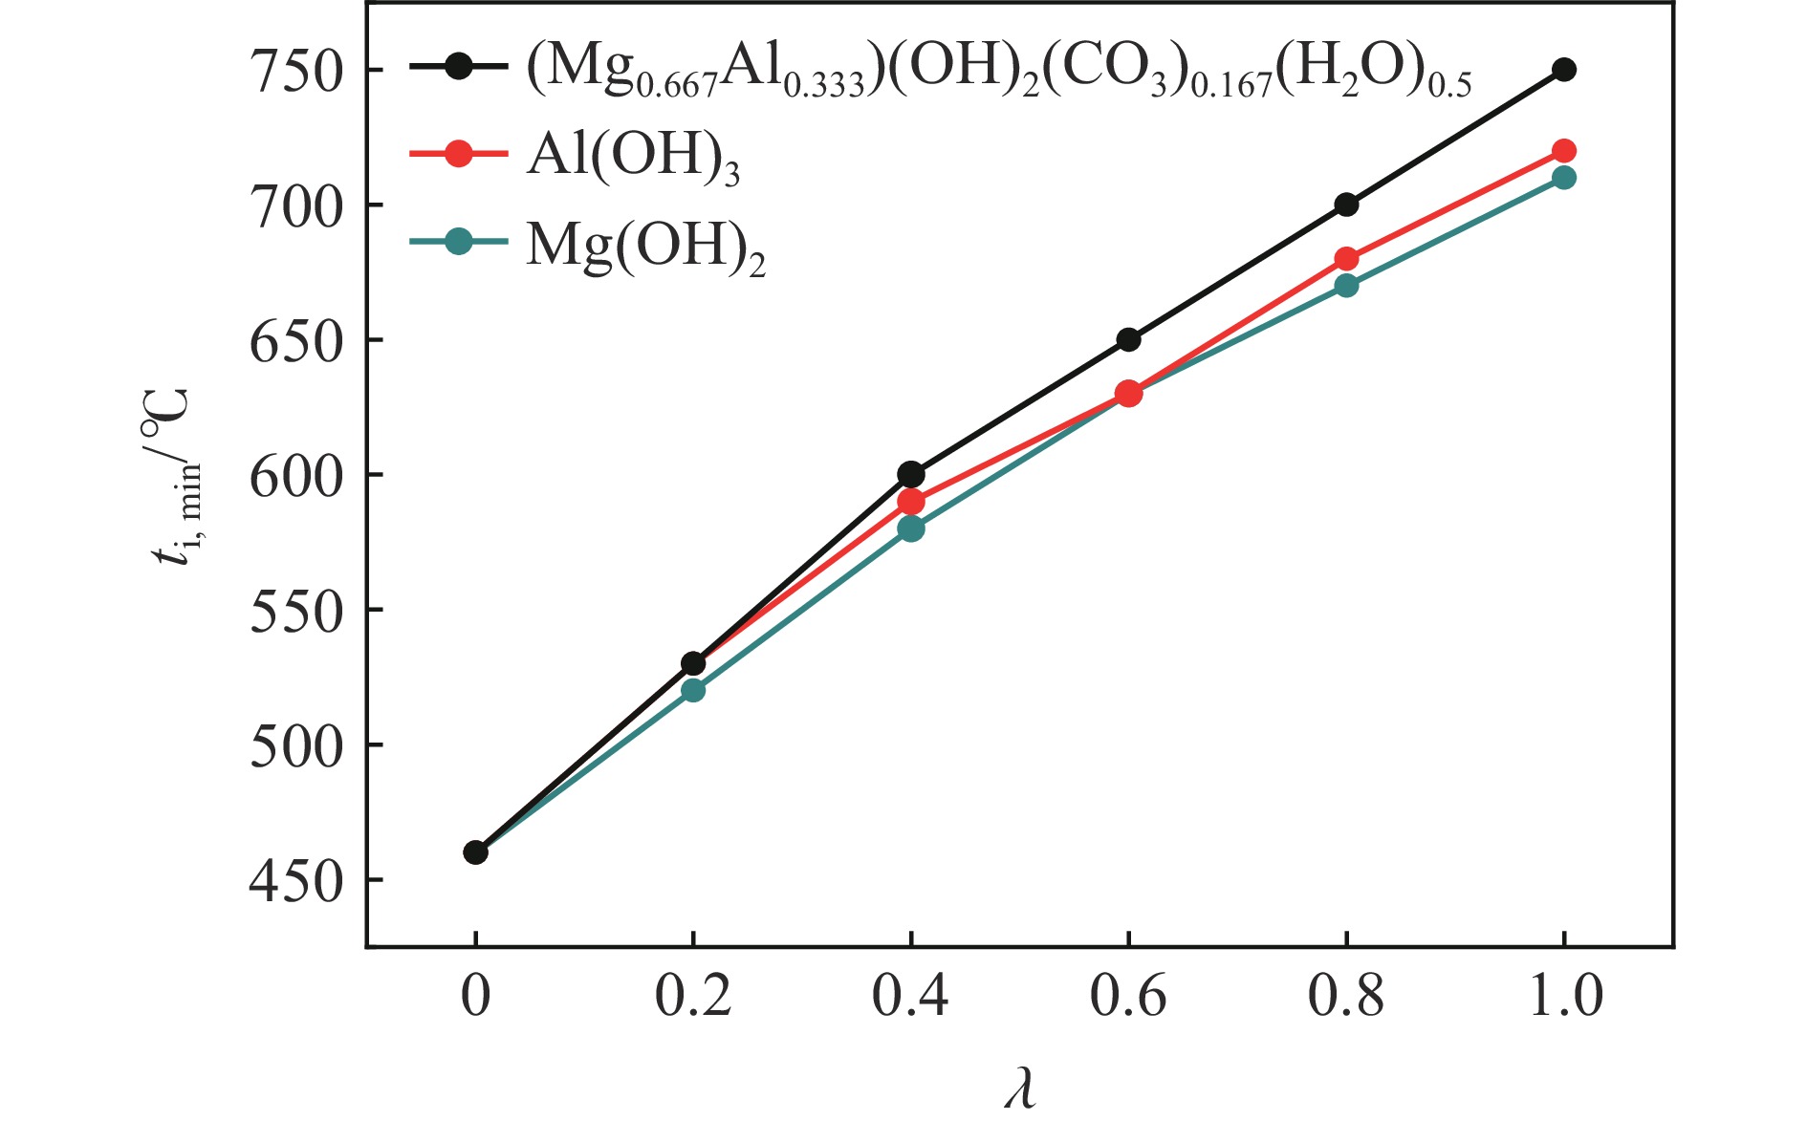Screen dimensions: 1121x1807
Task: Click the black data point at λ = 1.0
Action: point(1564,70)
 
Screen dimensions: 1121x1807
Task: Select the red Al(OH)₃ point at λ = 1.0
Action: point(1564,151)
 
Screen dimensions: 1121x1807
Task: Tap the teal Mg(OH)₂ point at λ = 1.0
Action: point(1564,178)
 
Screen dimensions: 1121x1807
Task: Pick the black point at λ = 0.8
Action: point(1346,205)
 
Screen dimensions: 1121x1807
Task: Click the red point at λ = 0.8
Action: point(1346,259)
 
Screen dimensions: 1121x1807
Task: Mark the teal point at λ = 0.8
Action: point(1346,286)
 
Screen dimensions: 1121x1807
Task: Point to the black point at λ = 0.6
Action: point(1129,339)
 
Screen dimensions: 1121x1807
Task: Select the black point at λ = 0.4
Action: point(911,474)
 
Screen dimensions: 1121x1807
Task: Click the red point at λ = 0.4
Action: point(911,502)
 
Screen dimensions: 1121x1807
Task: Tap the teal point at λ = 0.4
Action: point(911,528)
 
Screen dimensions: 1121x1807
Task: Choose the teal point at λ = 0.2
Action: point(693,690)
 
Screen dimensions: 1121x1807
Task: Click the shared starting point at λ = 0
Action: point(476,852)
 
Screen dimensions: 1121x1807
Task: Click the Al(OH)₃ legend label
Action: point(633,157)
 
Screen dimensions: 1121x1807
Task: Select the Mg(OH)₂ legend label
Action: point(646,246)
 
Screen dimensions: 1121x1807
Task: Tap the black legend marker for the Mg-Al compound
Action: point(459,67)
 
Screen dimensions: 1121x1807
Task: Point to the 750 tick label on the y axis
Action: point(295,72)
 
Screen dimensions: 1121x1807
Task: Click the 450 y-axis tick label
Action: point(295,881)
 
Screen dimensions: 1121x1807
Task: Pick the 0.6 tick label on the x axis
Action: point(1128,996)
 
